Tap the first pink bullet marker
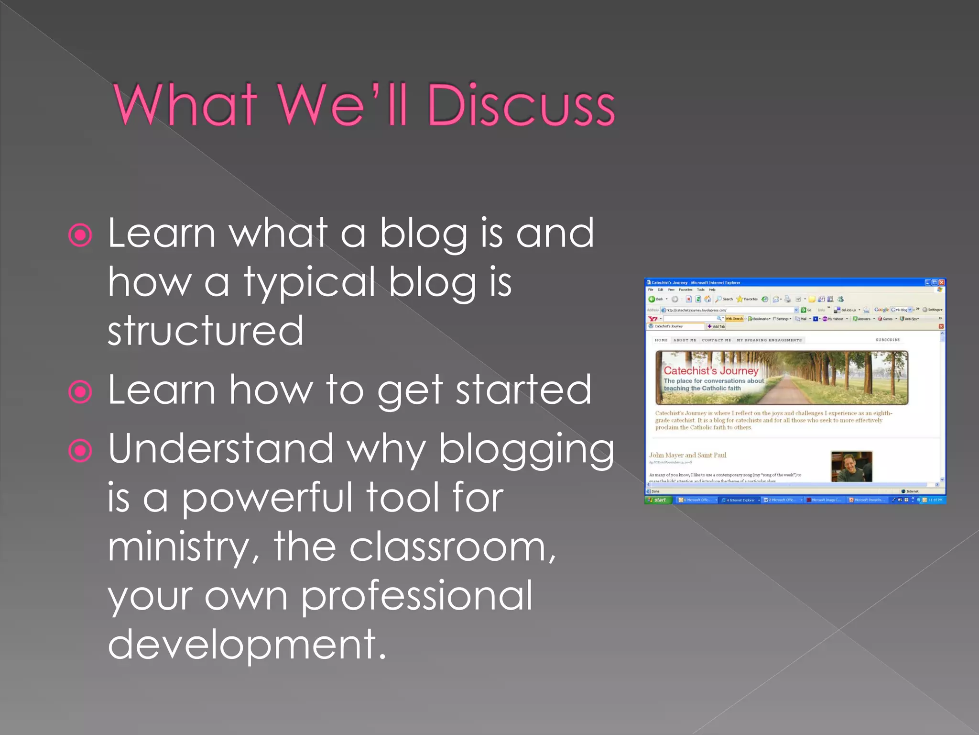click(x=80, y=235)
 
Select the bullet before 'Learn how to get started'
click(x=80, y=392)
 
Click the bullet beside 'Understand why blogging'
click(x=80, y=450)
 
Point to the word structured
click(x=206, y=331)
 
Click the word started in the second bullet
click(x=523, y=390)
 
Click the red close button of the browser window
click(x=941, y=282)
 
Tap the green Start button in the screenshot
click(x=659, y=500)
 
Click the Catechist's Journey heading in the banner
click(x=711, y=371)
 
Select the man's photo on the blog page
click(x=851, y=467)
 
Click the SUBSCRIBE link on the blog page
click(x=887, y=340)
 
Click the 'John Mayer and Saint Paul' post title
click(x=687, y=455)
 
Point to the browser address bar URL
click(x=696, y=310)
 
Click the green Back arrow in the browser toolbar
click(x=652, y=299)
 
